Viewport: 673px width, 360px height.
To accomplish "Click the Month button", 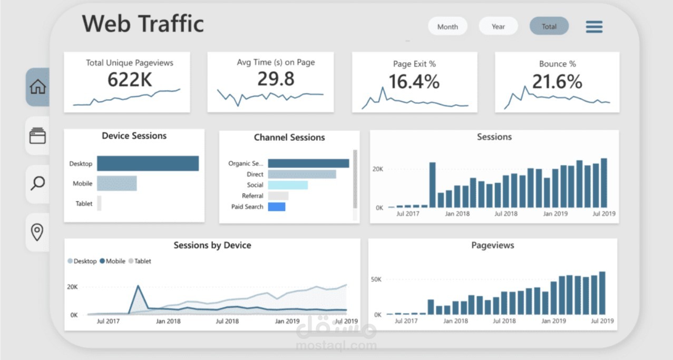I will pyautogui.click(x=447, y=26).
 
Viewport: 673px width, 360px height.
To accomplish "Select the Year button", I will pyautogui.click(x=498, y=26).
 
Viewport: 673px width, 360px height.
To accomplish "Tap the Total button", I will pyautogui.click(x=549, y=26).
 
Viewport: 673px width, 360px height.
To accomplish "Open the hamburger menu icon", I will pyautogui.click(x=594, y=27).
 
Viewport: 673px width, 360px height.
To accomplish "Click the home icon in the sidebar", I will pyautogui.click(x=38, y=87).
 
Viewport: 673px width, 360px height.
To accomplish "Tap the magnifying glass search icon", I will pyautogui.click(x=37, y=183).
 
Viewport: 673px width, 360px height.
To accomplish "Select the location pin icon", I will pyautogui.click(x=37, y=232).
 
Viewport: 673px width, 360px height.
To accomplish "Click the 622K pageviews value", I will pyautogui.click(x=130, y=80).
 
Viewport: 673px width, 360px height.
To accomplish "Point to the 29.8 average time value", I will pyautogui.click(x=276, y=79).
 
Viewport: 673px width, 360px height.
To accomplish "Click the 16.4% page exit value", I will pyautogui.click(x=414, y=82).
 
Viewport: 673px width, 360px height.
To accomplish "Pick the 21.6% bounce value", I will pyautogui.click(x=557, y=82).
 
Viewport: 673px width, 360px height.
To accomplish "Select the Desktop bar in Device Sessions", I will pyautogui.click(x=148, y=163).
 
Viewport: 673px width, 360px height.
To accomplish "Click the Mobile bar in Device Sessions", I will pyautogui.click(x=116, y=183).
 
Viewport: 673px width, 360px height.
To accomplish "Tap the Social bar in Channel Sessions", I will pyautogui.click(x=287, y=185).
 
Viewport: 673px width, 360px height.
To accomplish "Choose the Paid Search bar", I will pyautogui.click(x=276, y=207).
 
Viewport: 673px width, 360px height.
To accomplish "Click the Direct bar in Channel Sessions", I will pyautogui.click(x=301, y=174).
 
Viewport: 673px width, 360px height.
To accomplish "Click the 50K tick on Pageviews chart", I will pyautogui.click(x=376, y=279).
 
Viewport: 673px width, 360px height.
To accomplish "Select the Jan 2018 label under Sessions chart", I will pyautogui.click(x=457, y=213).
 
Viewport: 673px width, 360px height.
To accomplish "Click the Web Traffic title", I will pyautogui.click(x=143, y=24).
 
